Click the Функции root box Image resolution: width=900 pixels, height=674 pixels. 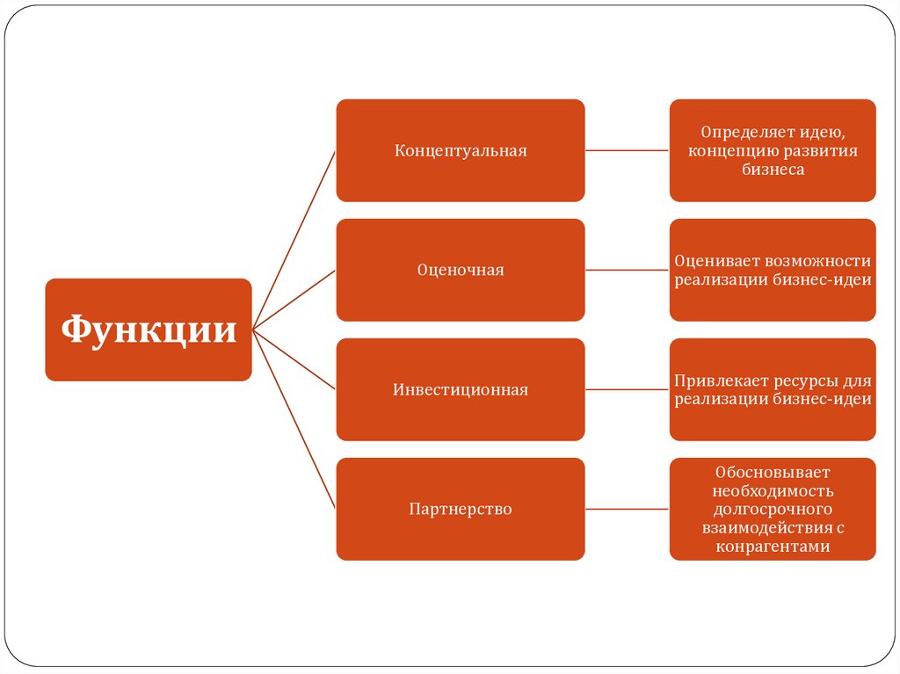click(x=149, y=330)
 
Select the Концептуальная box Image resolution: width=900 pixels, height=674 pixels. click(x=460, y=150)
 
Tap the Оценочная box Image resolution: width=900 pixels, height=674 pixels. click(x=460, y=270)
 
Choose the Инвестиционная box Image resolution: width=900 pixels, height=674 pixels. click(x=460, y=389)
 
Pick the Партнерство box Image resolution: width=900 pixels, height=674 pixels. click(x=460, y=509)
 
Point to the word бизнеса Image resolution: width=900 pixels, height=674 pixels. click(x=773, y=170)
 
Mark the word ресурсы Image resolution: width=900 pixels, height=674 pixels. click(x=809, y=380)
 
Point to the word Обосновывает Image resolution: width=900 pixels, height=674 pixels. click(x=773, y=472)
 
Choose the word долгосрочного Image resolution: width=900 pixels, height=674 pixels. click(x=773, y=509)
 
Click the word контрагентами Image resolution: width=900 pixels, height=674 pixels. click(x=773, y=547)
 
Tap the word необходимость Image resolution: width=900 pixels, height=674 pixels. click(x=773, y=490)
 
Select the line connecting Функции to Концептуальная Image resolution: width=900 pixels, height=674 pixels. click(x=294, y=240)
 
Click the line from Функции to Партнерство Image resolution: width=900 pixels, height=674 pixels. click(x=294, y=419)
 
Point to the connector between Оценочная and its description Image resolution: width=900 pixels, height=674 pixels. click(x=627, y=270)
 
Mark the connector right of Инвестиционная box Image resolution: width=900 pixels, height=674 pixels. click(x=627, y=389)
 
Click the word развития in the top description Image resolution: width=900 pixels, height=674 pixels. click(x=820, y=150)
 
